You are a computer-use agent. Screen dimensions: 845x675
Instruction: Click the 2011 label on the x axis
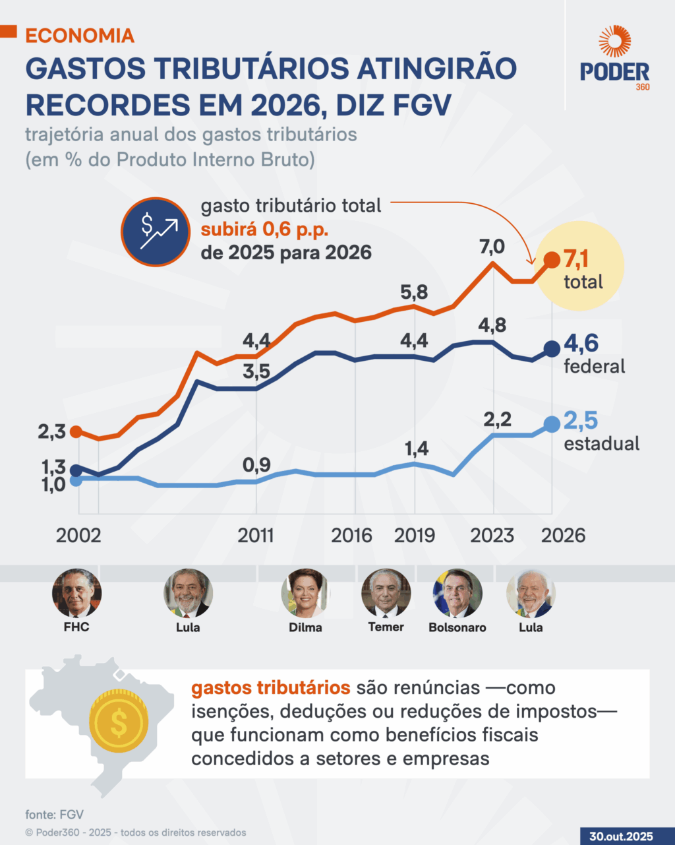(256, 534)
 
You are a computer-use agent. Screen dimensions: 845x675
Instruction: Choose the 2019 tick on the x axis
(415, 534)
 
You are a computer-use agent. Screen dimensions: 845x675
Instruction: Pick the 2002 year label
(78, 534)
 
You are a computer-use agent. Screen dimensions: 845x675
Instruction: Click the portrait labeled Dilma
(305, 593)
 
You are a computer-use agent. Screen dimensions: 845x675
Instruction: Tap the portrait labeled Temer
(386, 593)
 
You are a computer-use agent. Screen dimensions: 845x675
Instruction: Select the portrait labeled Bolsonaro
(457, 593)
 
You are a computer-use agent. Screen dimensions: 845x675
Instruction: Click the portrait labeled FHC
(76, 593)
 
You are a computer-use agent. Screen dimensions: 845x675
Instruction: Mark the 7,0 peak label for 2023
(492, 247)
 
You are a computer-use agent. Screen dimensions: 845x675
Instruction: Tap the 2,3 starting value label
(51, 433)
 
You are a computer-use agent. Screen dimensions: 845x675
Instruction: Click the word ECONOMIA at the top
(80, 36)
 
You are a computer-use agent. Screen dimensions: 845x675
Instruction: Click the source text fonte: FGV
(55, 814)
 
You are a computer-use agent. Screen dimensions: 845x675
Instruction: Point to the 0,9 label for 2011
(256, 465)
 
